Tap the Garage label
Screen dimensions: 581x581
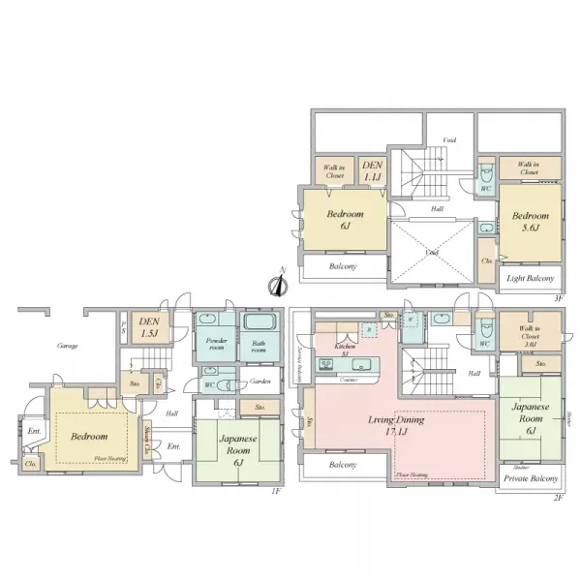pyautogui.click(x=67, y=346)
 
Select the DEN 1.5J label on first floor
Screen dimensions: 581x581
pyautogui.click(x=149, y=327)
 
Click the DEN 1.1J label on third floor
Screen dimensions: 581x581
pyautogui.click(x=373, y=171)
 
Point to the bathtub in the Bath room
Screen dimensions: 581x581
pyautogui.click(x=259, y=324)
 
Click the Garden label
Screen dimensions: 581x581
pyautogui.click(x=259, y=382)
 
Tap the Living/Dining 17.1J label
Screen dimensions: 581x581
pyautogui.click(x=396, y=427)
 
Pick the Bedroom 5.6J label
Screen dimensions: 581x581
pyautogui.click(x=531, y=221)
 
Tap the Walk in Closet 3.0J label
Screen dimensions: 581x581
pyautogui.click(x=528, y=336)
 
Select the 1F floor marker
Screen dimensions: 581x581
pyautogui.click(x=277, y=491)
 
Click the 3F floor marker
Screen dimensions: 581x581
pyautogui.click(x=558, y=298)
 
